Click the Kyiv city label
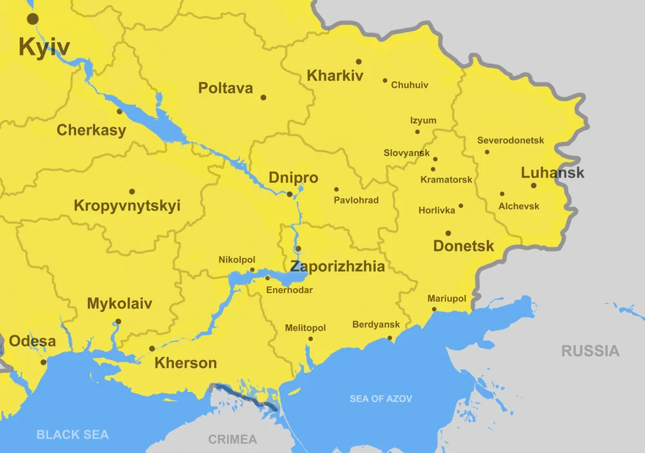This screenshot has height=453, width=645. tap(44, 47)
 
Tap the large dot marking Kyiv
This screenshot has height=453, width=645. tap(32, 19)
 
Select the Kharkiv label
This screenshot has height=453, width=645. tap(335, 75)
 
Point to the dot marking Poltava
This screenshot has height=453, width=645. tap(263, 97)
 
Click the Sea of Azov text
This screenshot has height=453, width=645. tap(381, 399)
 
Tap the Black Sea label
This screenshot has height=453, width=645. tap(72, 434)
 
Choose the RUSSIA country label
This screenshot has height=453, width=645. tap(590, 351)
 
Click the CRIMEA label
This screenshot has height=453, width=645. tap(232, 439)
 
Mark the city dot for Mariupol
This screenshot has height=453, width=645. tap(434, 309)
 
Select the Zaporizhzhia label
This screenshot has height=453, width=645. tap(337, 267)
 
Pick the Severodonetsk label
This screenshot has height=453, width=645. tap(510, 140)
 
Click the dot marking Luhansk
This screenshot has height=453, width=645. tap(533, 186)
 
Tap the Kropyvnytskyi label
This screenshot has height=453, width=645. tap(127, 206)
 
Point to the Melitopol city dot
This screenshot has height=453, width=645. tap(310, 339)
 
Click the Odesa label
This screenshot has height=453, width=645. tap(32, 342)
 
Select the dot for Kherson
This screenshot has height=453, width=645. tap(152, 349)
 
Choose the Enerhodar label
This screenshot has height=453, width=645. tap(289, 290)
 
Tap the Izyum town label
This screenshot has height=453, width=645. tap(423, 120)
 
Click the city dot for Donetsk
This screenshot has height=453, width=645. tap(448, 233)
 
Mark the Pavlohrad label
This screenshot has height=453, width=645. tap(356, 200)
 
